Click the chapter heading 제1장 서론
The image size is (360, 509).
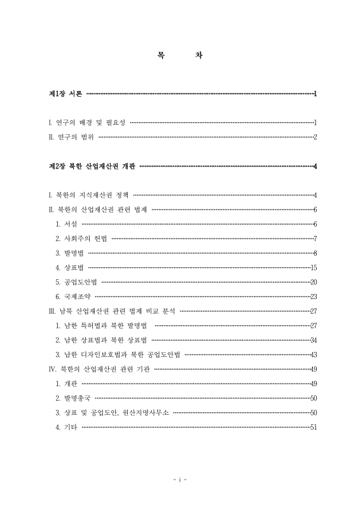coord(67,94)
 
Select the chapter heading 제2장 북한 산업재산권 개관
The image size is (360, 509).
coord(93,167)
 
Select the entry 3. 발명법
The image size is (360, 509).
coord(71,253)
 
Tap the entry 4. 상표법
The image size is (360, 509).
coord(71,267)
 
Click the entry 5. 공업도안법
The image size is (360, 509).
coord(76,282)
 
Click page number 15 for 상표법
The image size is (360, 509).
coord(313,267)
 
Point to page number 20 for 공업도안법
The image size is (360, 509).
coord(313,282)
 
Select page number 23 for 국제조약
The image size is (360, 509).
coord(313,296)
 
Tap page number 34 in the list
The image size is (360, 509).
coord(313,340)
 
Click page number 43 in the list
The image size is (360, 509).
coord(313,354)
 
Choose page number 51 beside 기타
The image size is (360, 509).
coord(313,427)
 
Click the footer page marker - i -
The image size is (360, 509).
coord(179,479)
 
